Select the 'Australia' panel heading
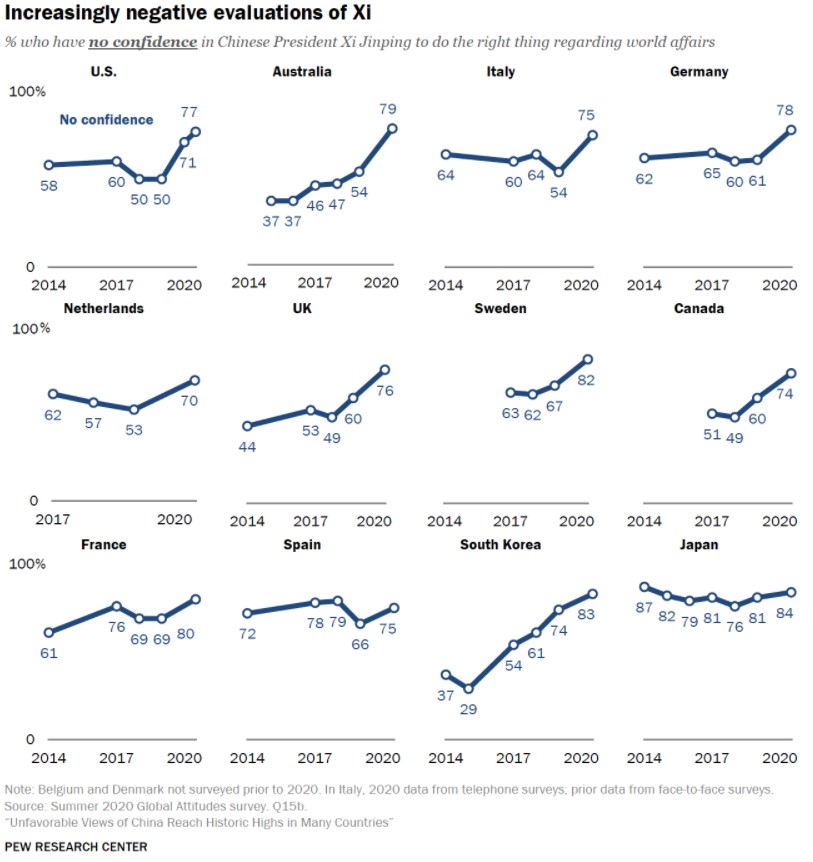[x=302, y=72]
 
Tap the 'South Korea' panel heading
[x=500, y=545]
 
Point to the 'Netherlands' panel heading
[x=104, y=309]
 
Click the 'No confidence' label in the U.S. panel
[x=106, y=120]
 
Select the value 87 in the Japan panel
[x=644, y=607]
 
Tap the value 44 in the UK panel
[x=247, y=447]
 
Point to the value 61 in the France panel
[x=48, y=653]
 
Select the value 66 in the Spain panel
[x=360, y=644]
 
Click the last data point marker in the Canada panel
[x=791, y=373]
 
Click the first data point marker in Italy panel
[x=446, y=154]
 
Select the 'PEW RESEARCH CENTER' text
[x=76, y=847]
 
